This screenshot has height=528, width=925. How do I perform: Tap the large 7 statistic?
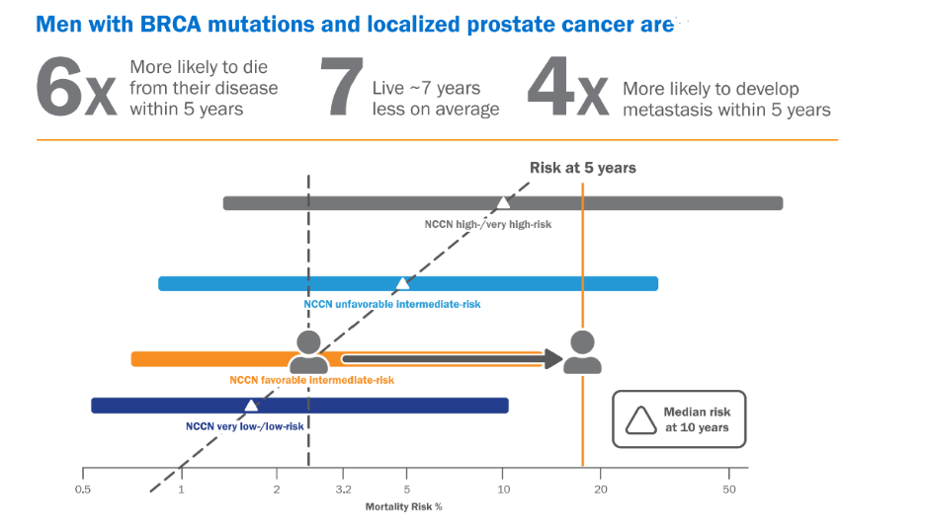[x=340, y=87]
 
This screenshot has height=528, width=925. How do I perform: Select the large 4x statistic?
[x=566, y=87]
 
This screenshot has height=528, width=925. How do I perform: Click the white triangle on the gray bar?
[x=503, y=202]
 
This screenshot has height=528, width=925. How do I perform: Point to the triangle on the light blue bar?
[x=402, y=283]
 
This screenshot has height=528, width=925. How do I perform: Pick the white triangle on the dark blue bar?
[x=251, y=405]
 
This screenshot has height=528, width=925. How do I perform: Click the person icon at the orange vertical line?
[x=582, y=352]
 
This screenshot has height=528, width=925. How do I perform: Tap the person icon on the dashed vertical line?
[x=308, y=352]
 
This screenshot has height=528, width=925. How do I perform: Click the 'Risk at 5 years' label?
[x=583, y=168]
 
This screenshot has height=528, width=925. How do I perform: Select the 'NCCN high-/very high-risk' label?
[x=488, y=224]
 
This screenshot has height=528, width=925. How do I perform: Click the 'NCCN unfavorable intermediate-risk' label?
[x=392, y=304]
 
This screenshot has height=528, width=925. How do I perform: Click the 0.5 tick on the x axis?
[x=83, y=490]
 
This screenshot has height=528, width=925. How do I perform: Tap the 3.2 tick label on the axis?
[x=343, y=490]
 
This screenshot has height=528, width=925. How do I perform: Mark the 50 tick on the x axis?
[x=728, y=490]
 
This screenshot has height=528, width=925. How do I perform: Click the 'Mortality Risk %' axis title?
[x=405, y=507]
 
